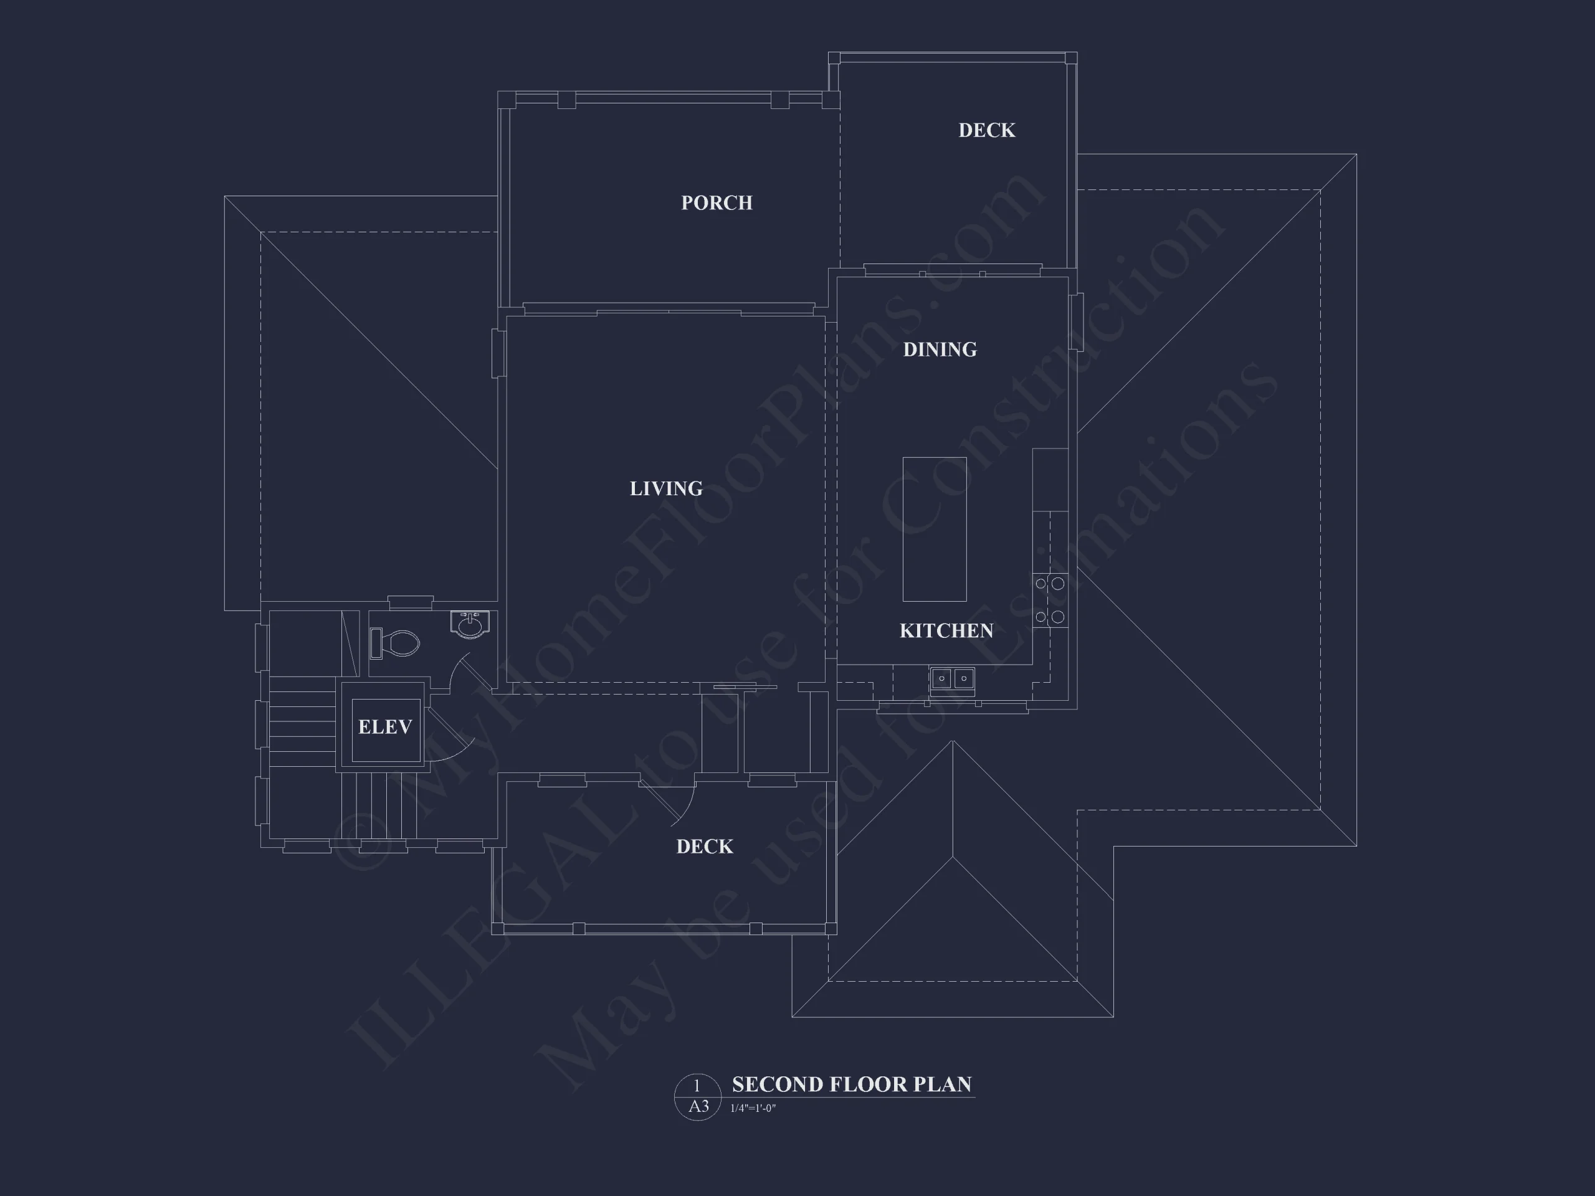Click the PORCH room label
point(717,203)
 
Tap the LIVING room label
point(666,489)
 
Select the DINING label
point(940,349)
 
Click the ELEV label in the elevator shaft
point(385,727)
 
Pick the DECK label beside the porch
point(986,130)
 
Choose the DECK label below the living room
point(705,847)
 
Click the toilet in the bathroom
point(394,643)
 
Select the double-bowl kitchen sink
point(953,679)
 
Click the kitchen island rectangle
point(935,529)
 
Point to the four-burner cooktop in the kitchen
point(1050,600)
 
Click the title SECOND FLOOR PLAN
point(852,1084)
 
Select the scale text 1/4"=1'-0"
point(753,1108)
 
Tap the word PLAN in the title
point(949,1084)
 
